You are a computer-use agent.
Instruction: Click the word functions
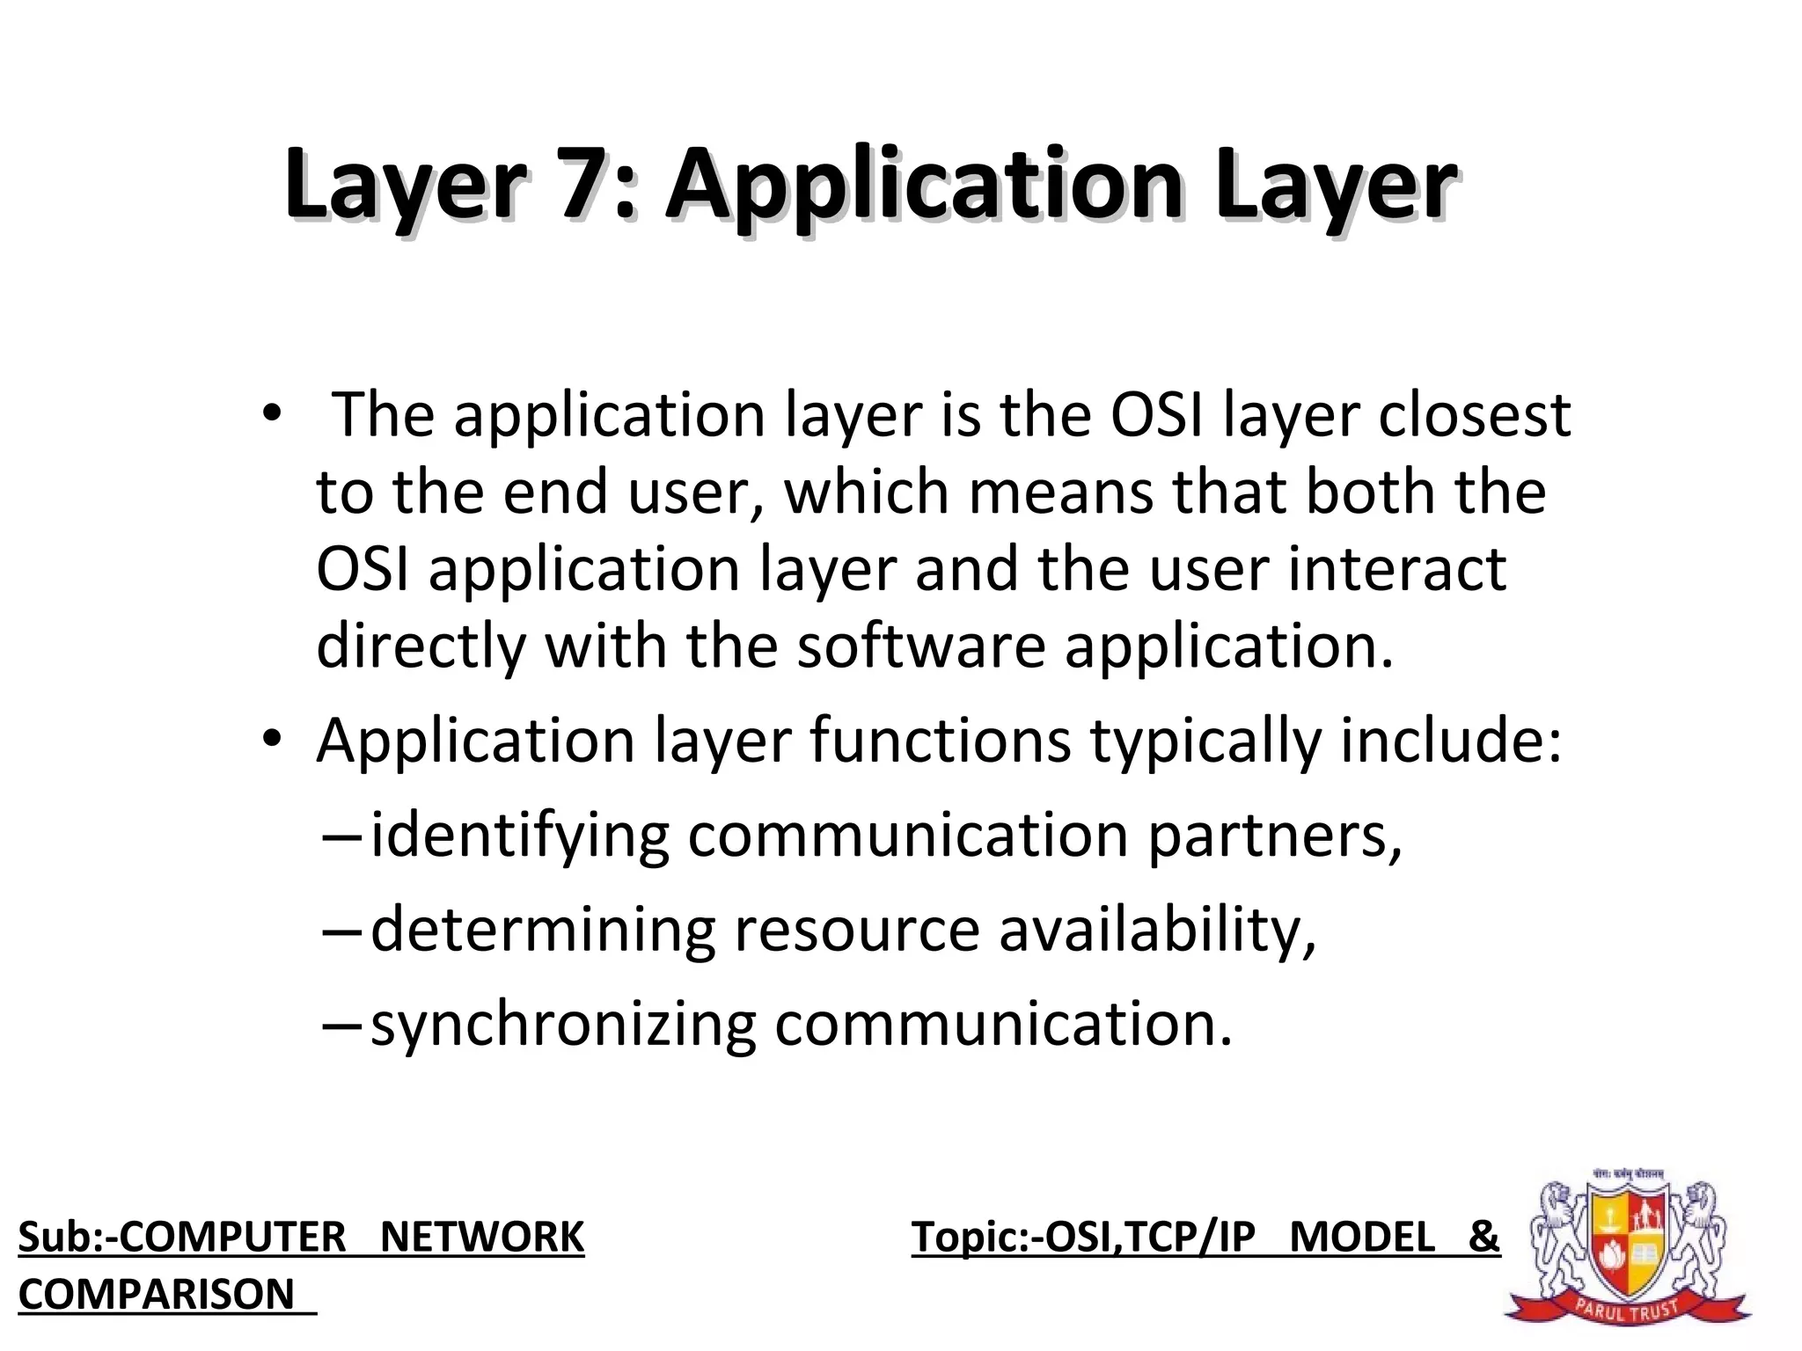(x=940, y=741)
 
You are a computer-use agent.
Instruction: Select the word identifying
(x=520, y=836)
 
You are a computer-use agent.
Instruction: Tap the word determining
(x=543, y=931)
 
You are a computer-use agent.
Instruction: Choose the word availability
(x=1157, y=931)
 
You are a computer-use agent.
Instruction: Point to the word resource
(x=856, y=931)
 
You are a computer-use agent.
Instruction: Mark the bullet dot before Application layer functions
(x=272, y=741)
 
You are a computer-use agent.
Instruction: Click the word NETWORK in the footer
(x=482, y=1238)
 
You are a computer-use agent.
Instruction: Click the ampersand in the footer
(x=1483, y=1238)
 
